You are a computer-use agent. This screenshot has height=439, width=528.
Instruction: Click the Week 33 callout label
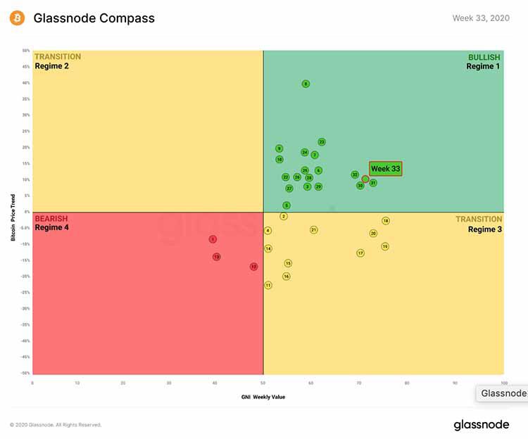385,169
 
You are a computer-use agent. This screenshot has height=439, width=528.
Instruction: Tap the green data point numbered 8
306,84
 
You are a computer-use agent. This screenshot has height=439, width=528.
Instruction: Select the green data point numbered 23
322,142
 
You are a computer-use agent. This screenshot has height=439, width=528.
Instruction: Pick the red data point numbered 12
253,267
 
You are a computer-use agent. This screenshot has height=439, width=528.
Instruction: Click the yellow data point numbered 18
386,221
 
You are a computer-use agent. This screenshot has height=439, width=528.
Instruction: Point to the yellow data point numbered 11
268,285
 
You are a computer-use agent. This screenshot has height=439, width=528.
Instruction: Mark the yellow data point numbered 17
360,253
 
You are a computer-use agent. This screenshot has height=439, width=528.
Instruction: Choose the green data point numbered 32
355,174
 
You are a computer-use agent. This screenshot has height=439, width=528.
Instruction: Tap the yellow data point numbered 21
314,230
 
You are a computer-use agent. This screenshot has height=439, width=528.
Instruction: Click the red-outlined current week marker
365,179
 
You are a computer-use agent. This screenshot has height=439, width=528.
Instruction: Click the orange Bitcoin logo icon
17,18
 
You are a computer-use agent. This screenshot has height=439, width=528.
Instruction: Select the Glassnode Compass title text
94,18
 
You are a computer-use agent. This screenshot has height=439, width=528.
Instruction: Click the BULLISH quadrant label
484,57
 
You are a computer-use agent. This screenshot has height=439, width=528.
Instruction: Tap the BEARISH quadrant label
51,219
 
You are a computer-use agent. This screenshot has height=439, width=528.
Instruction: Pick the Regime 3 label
484,229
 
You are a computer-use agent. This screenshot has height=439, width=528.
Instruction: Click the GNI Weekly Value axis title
263,397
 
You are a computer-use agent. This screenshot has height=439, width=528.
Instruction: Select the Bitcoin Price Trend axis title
13,212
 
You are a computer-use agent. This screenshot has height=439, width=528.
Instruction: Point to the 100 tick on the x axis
503,383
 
